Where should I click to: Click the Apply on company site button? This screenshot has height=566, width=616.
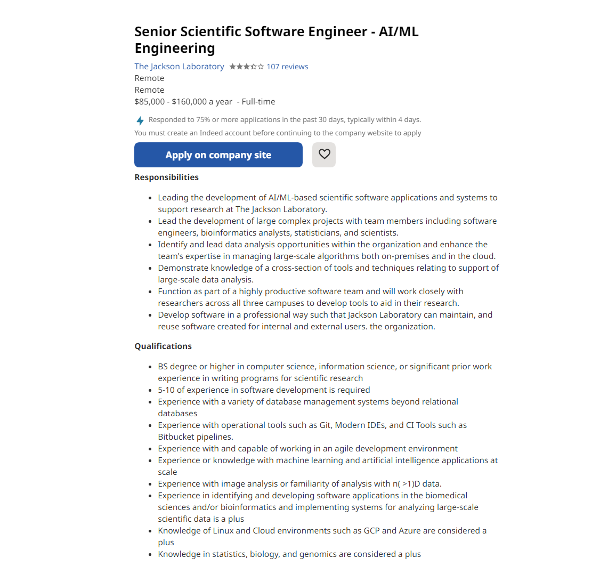218,155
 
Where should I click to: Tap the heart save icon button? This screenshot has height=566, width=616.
324,155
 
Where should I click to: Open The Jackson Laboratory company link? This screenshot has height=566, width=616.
179,67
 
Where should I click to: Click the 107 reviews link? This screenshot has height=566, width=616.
287,67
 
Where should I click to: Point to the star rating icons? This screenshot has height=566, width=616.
246,67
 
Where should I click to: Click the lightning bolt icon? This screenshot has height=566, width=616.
140,120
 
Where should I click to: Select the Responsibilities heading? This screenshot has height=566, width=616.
166,177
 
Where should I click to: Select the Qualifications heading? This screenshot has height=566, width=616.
163,346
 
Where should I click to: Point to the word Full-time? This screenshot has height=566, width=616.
258,102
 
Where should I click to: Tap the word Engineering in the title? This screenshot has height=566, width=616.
175,48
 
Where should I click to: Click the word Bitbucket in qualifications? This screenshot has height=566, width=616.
176,437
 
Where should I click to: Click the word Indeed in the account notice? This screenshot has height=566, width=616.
211,133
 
